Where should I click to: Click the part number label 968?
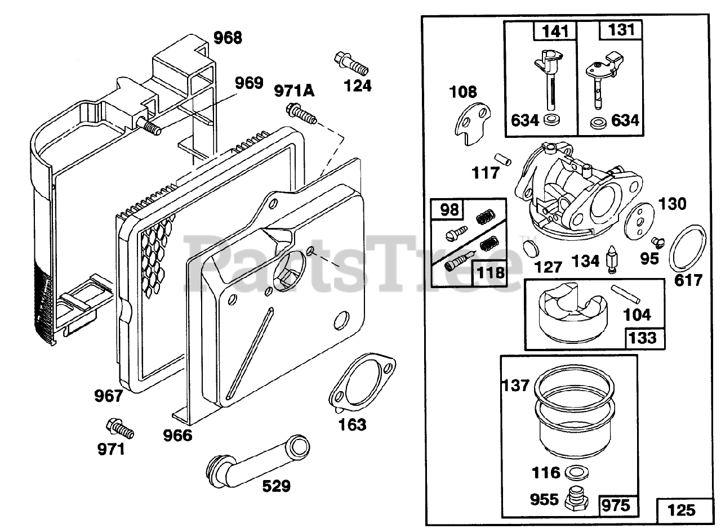228,38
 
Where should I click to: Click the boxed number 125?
681,510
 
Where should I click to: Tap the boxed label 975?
616,504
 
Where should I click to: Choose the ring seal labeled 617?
687,248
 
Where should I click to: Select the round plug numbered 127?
531,248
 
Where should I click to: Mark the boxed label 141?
555,32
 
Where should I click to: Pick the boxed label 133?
643,338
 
